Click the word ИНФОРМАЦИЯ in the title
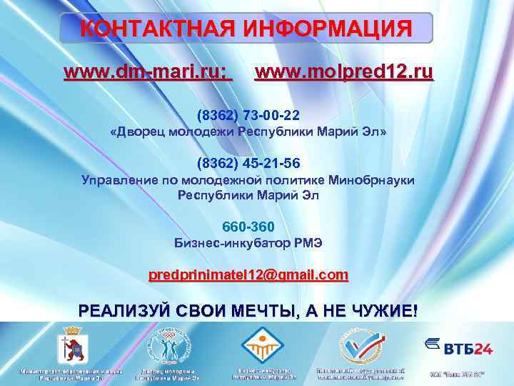point(329,29)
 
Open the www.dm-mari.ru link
point(148,72)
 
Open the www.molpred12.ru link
point(344,72)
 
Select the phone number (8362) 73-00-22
point(248,115)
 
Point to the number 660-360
point(248,227)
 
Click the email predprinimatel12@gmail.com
point(248,274)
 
